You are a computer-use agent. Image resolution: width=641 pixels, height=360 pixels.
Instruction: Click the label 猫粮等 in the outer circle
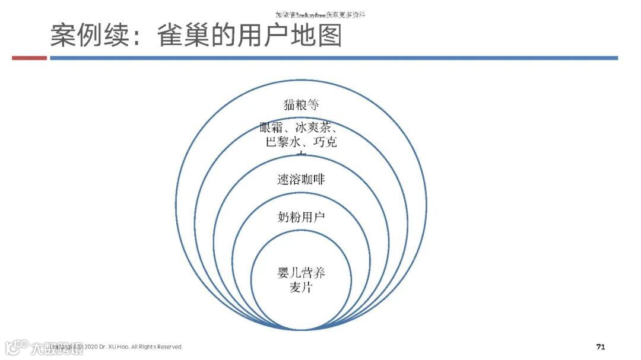301,106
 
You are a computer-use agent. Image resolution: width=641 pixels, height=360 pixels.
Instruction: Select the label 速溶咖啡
301,179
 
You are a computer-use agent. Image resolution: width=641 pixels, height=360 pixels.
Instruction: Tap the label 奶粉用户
301,217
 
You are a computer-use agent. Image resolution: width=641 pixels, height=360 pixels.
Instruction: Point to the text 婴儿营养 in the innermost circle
302,273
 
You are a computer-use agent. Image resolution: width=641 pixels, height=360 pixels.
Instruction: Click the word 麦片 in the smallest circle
301,288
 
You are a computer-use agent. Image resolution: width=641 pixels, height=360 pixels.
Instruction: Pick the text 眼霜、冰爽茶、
300,128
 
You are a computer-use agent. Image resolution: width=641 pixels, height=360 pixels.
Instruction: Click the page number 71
600,347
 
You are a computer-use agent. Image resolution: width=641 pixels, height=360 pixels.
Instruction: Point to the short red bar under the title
29,58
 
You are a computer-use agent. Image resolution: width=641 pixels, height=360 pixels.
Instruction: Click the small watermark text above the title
320,14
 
